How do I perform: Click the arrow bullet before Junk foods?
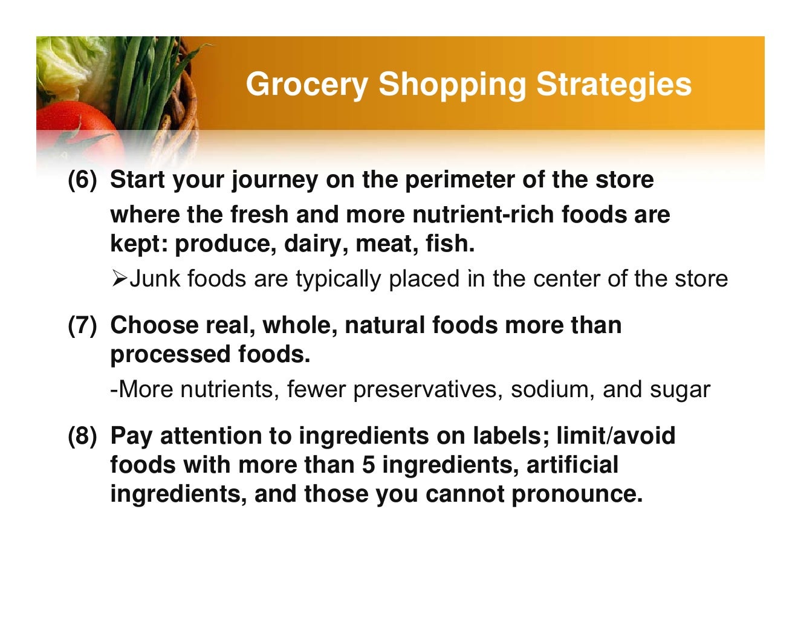(x=119, y=279)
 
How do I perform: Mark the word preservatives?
(x=427, y=389)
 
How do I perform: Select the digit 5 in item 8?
(x=369, y=465)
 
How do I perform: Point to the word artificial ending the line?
(x=572, y=465)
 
